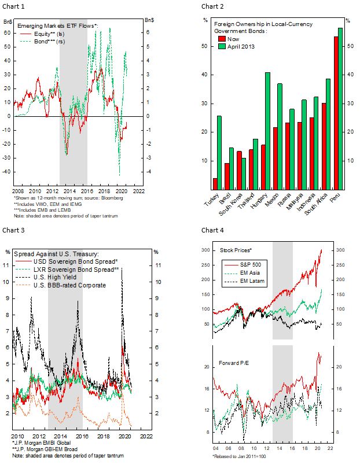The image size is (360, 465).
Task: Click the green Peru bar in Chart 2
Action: point(340,109)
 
